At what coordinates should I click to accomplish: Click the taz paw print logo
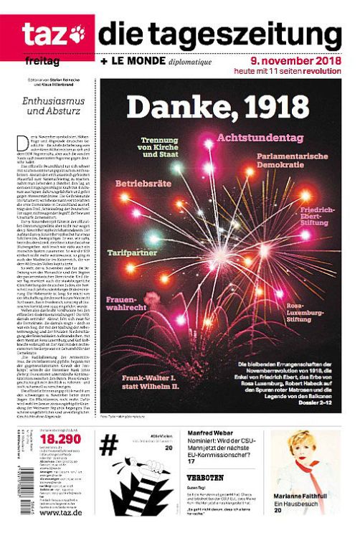[x=75, y=33]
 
